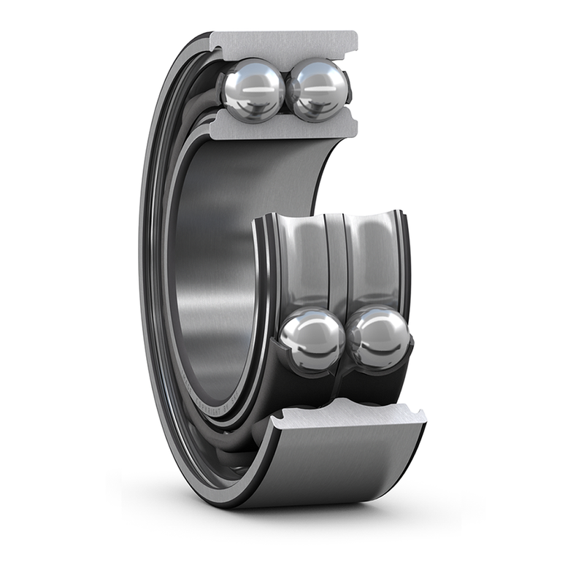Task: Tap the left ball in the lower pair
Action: coord(312,339)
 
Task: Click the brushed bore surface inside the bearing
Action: coord(212,277)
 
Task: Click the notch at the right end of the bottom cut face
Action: coord(418,416)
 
